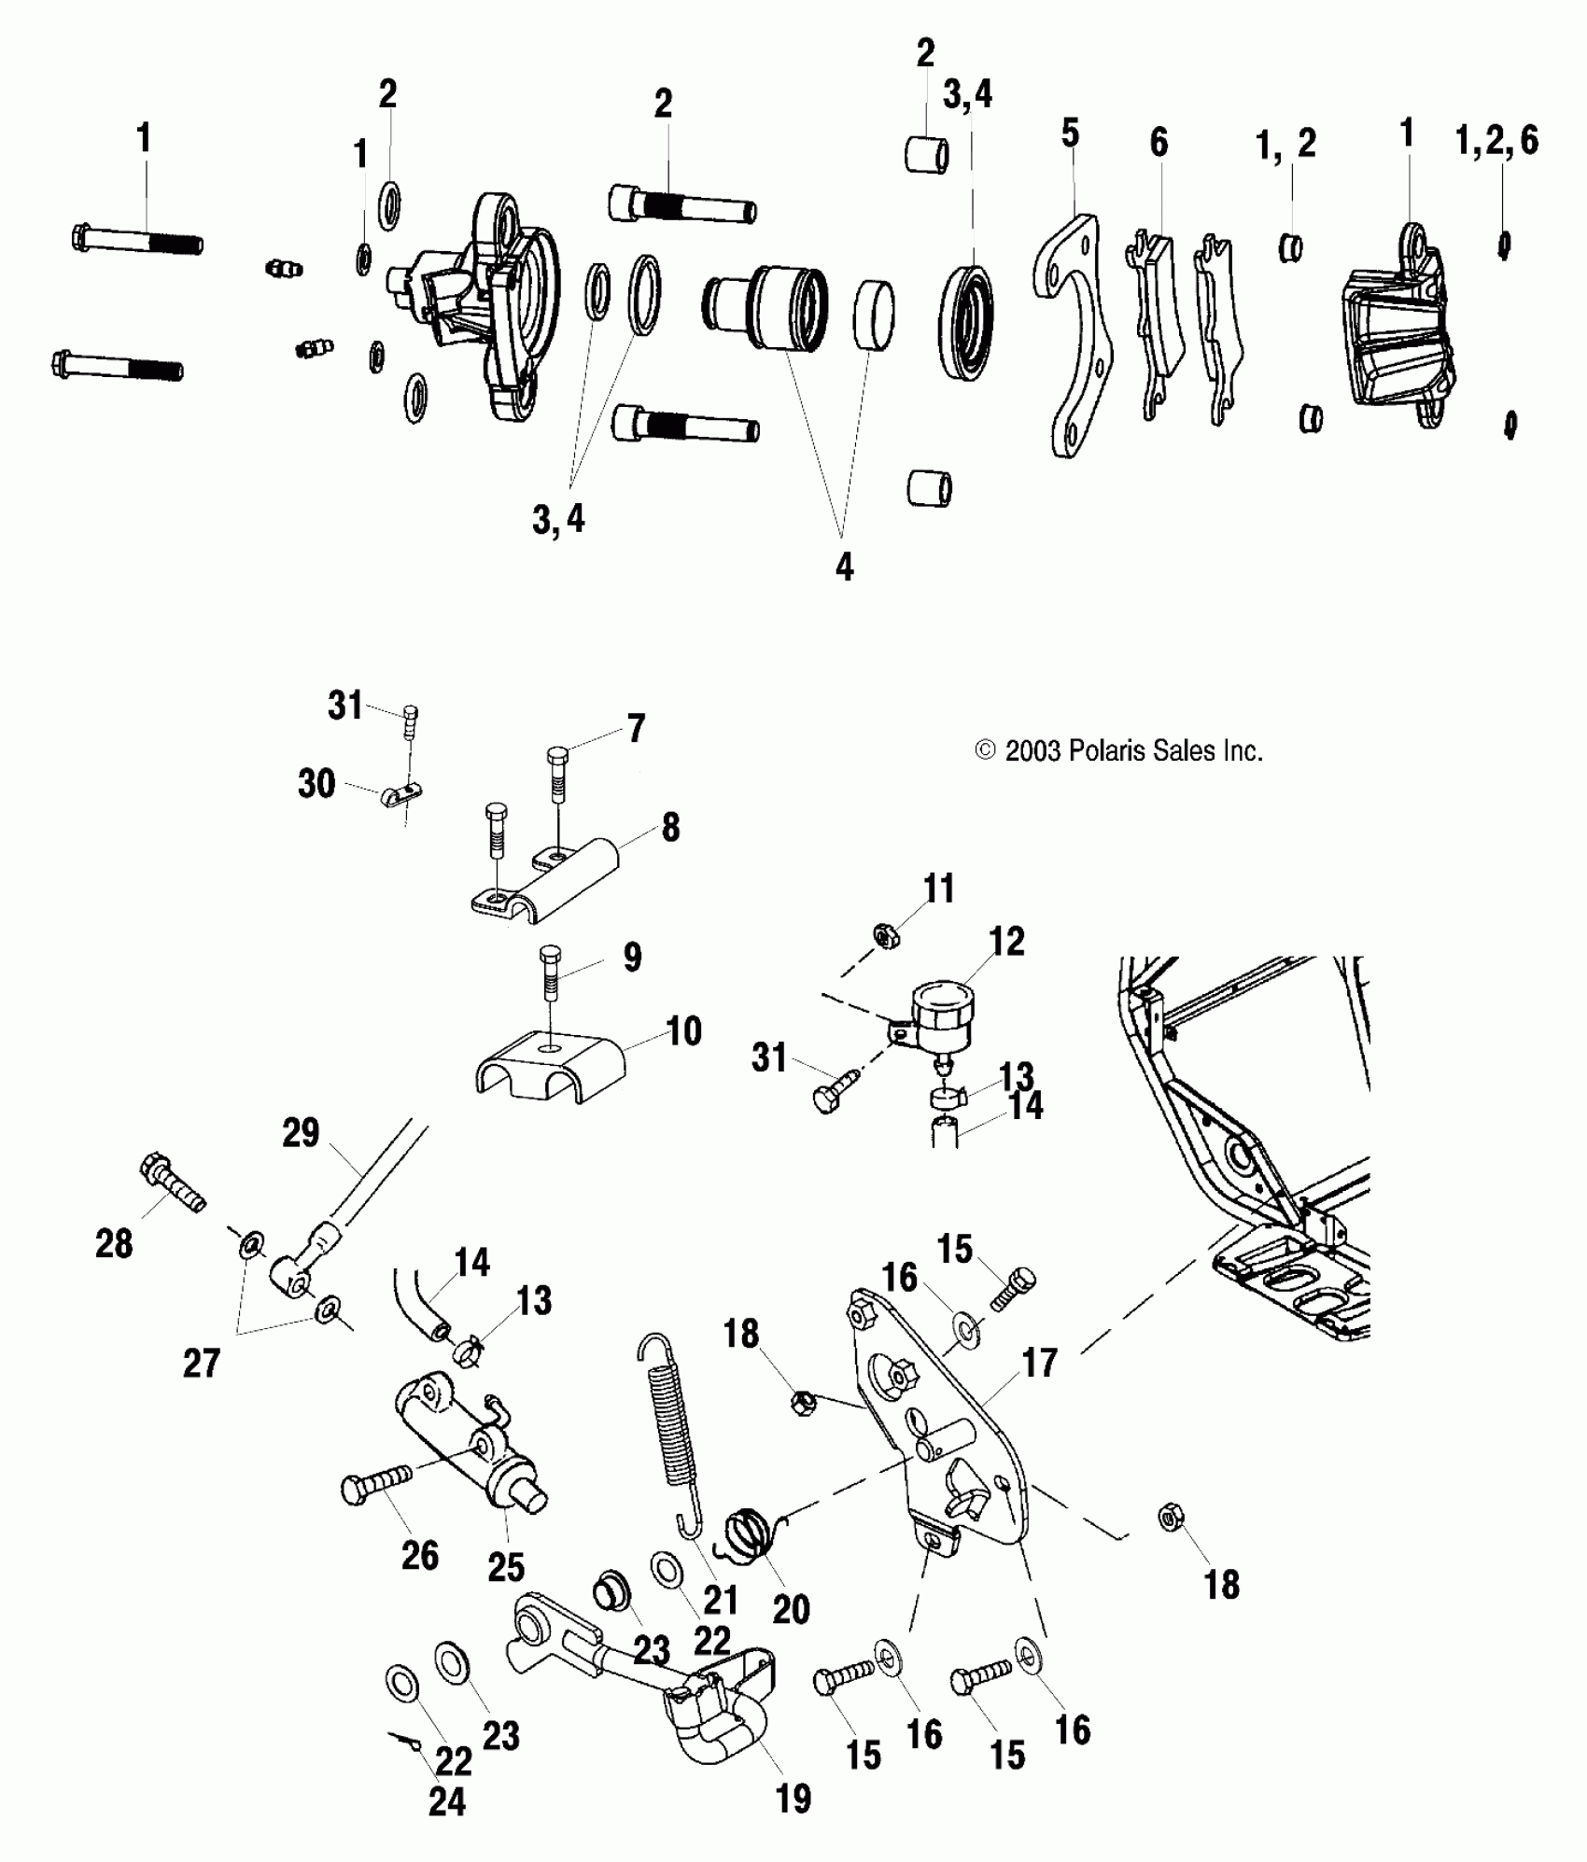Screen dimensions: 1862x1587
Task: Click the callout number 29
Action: pyautogui.click(x=301, y=1133)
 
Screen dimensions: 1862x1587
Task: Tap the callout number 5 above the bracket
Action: pyautogui.click(x=1070, y=133)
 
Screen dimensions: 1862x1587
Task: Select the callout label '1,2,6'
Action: pyautogui.click(x=1496, y=140)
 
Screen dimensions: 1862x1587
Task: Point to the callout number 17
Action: pyautogui.click(x=1039, y=1364)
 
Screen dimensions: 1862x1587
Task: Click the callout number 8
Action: pyautogui.click(x=670, y=828)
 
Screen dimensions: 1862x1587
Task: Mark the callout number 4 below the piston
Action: pyautogui.click(x=844, y=567)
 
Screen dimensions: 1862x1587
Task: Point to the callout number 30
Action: pyautogui.click(x=316, y=784)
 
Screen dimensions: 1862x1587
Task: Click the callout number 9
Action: pyautogui.click(x=632, y=958)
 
